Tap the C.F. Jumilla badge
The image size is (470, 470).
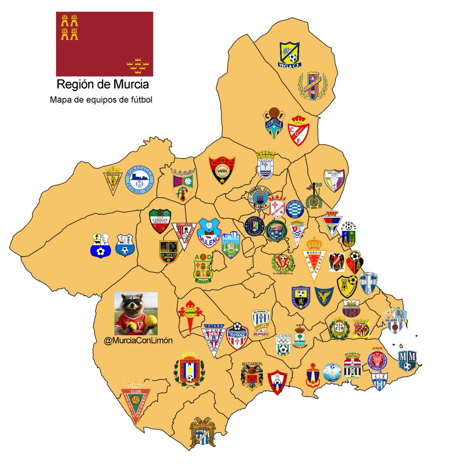(x=273, y=123)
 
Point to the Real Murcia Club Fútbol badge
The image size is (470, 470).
(x=316, y=259)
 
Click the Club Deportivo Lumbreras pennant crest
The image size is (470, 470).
(x=136, y=401)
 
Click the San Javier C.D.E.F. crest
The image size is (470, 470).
(x=395, y=320)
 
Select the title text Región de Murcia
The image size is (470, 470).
(x=103, y=84)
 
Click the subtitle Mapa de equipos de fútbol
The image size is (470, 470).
(x=101, y=100)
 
